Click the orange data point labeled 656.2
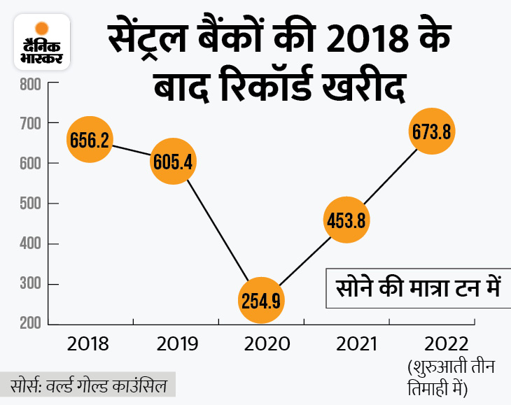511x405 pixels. coord(89,141)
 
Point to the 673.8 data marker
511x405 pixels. coord(431,131)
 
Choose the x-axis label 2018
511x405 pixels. coord(89,344)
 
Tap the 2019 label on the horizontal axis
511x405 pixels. coord(174,344)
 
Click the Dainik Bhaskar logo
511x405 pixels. coord(42,41)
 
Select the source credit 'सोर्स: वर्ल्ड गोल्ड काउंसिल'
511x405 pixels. coord(87,386)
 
